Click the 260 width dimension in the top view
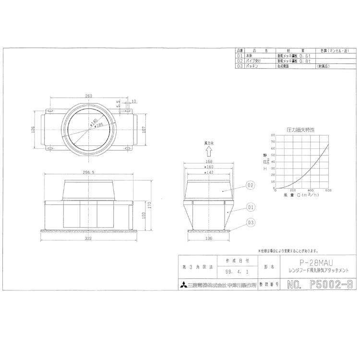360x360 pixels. (88, 96)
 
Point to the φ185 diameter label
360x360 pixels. (99, 125)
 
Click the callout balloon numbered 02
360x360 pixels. (250, 185)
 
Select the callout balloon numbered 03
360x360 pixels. (250, 222)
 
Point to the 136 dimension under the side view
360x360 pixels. (209, 238)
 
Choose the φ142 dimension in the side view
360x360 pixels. (208, 172)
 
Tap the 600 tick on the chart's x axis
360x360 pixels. (329, 190)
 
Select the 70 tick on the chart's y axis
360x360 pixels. (274, 142)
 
